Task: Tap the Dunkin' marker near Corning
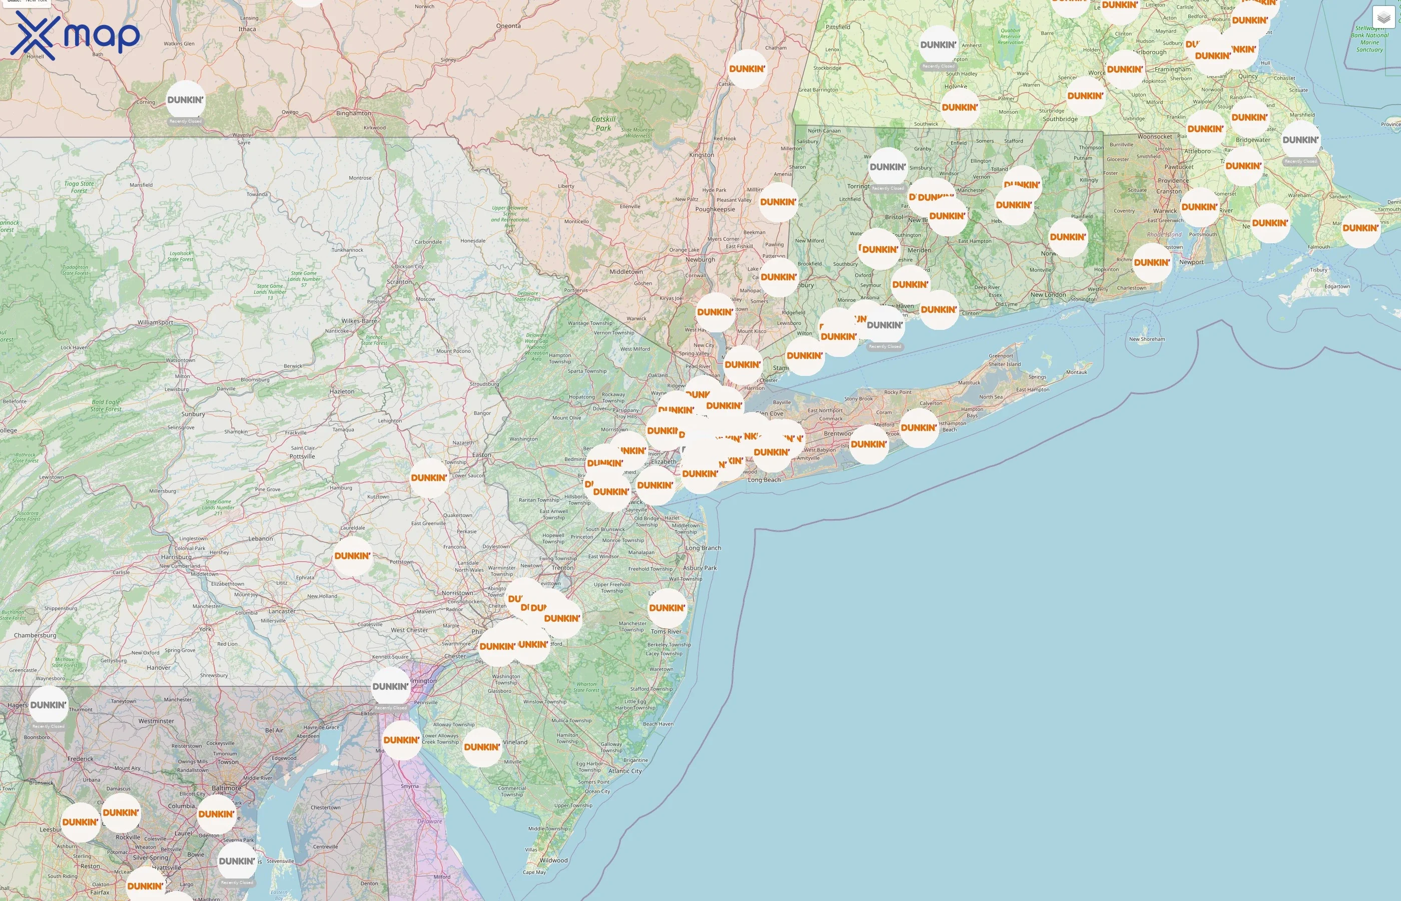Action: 185,100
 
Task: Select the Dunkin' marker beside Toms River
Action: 666,608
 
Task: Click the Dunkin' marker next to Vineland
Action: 482,747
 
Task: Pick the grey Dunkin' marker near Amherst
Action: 938,45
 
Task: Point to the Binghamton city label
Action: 353,113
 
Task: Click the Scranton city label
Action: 399,281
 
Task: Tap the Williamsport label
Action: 155,322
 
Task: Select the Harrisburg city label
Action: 176,557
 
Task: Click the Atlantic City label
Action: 625,771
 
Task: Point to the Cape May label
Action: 534,872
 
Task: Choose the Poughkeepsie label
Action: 715,209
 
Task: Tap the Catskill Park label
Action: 603,124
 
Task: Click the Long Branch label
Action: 704,548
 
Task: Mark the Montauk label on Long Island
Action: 1076,372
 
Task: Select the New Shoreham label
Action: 1147,339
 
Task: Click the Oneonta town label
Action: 508,26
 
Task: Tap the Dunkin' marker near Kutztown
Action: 429,478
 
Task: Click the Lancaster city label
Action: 282,611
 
